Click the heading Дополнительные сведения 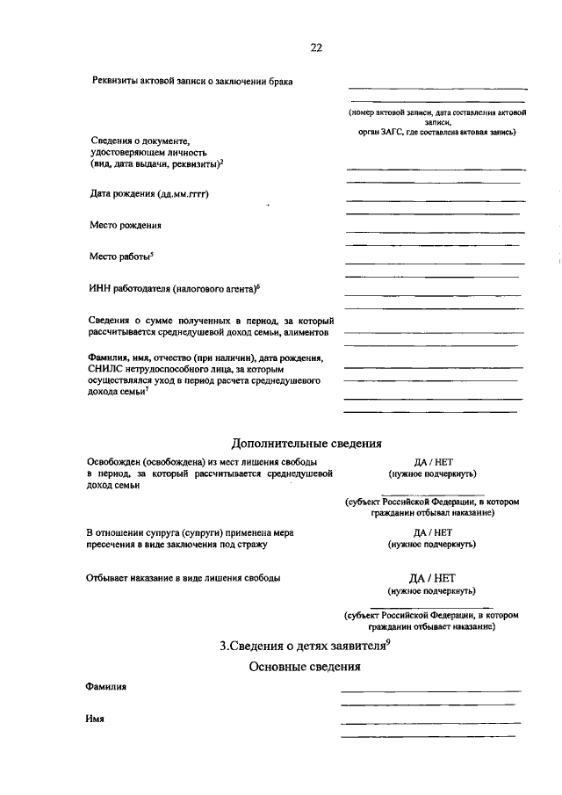[306, 443]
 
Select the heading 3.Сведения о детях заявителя [302, 647]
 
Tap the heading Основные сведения [305, 667]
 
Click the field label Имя [95, 718]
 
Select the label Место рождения [126, 225]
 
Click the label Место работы [120, 257]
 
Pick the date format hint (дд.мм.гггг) [183, 193]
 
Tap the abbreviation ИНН [101, 288]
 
